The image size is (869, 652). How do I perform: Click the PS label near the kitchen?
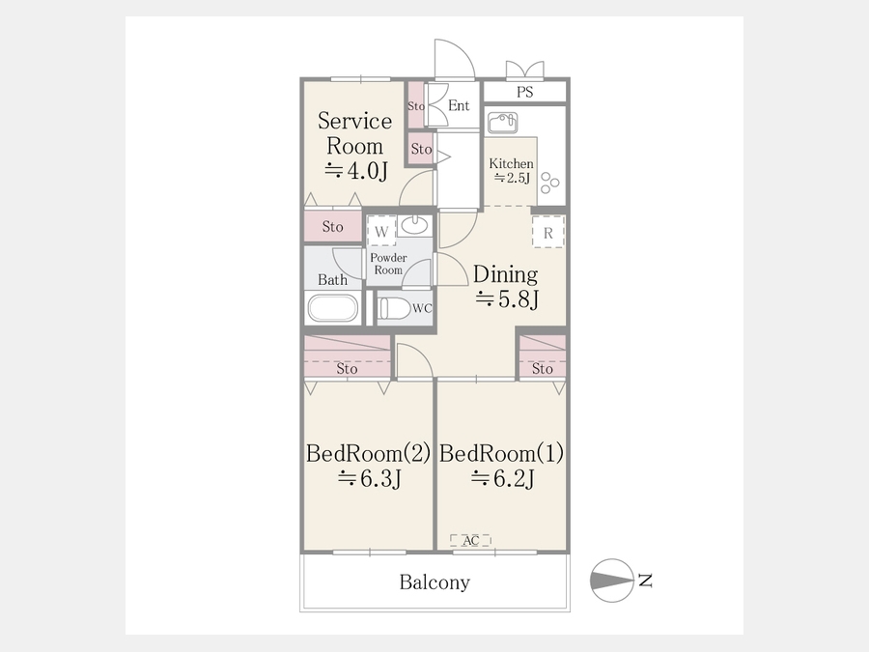tap(524, 92)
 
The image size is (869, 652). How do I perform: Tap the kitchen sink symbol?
tap(503, 123)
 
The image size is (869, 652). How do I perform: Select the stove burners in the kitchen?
tap(549, 183)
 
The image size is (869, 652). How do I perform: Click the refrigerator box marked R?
tap(548, 232)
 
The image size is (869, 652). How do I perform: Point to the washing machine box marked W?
tap(381, 231)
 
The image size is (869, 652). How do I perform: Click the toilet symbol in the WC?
tap(394, 308)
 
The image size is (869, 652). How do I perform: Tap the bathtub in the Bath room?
tap(332, 308)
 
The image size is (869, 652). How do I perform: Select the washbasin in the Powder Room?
tap(414, 225)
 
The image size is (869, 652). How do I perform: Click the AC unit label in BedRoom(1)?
tap(470, 540)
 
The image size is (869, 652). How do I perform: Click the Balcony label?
tap(434, 582)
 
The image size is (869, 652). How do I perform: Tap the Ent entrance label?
tap(459, 105)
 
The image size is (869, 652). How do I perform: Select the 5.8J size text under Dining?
tap(507, 299)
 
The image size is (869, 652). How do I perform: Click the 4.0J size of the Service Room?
tap(355, 171)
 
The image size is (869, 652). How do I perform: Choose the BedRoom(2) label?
tap(368, 453)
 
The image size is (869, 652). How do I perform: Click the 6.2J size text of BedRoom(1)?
tap(503, 478)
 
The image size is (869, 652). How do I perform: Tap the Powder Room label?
tap(388, 264)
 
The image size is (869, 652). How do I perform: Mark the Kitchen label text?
tap(511, 163)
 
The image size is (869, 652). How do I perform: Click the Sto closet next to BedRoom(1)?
tap(542, 357)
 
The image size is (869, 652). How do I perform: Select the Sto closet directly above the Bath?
tap(332, 226)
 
